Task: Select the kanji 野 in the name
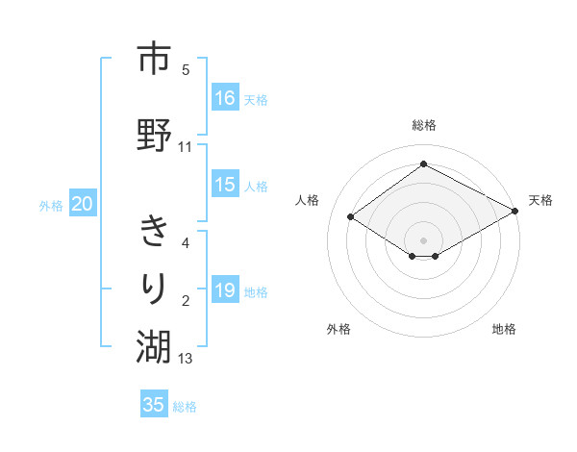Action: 153,134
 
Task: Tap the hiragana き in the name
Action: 153,231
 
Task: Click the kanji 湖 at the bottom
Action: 153,345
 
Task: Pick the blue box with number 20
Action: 83,204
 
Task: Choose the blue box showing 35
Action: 154,405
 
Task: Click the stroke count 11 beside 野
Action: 186,147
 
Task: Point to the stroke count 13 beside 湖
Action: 186,359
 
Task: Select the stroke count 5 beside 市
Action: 186,70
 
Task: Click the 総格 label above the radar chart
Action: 423,125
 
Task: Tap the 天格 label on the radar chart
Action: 540,200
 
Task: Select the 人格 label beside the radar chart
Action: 307,200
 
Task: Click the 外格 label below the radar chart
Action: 338,329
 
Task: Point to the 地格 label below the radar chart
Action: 504,329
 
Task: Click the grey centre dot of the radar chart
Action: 423,239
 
